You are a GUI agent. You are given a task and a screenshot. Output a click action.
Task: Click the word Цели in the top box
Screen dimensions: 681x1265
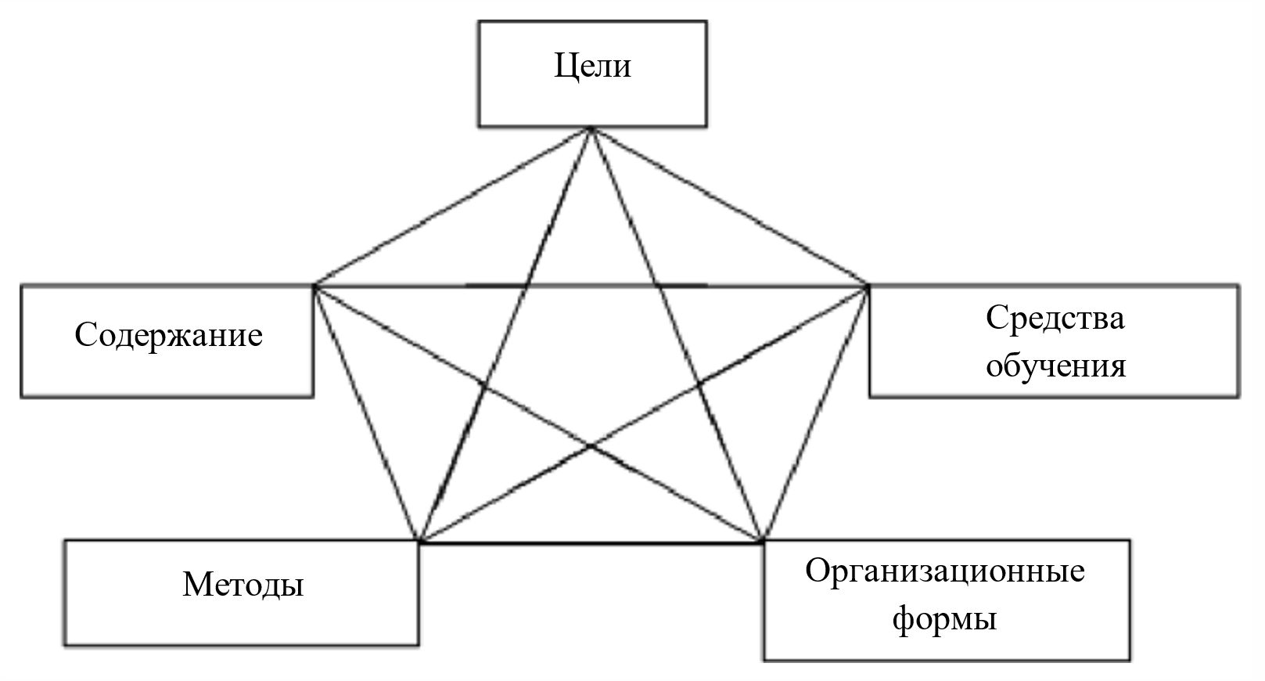pos(592,66)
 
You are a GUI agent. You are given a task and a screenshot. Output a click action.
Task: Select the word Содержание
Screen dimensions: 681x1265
pos(168,336)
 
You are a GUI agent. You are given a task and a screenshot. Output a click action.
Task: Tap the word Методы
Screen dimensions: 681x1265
pos(243,585)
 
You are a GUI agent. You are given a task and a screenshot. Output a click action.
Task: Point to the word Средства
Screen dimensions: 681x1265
pos(1055,319)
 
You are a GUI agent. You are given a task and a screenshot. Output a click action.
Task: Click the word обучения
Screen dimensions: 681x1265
pos(1055,366)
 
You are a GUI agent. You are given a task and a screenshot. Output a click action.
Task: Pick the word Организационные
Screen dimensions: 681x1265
pos(945,571)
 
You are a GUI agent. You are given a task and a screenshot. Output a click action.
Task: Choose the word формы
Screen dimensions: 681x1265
pos(944,619)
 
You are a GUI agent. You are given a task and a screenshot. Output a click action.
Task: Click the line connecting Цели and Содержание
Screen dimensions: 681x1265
pos(452,207)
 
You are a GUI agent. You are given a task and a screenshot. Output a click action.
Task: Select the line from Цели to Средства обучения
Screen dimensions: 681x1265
pos(730,207)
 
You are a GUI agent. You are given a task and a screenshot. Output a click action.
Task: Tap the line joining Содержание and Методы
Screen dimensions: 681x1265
pos(366,413)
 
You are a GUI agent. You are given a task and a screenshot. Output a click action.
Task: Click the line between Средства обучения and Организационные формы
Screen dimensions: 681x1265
pos(815,413)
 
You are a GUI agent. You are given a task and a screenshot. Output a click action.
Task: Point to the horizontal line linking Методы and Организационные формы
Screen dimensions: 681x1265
pos(591,542)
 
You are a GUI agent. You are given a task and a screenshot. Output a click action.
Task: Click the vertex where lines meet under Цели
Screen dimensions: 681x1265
pos(592,128)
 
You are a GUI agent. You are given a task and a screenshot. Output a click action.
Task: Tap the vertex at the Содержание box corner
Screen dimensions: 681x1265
pos(314,286)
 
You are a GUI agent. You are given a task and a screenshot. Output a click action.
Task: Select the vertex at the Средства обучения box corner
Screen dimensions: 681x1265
pos(868,286)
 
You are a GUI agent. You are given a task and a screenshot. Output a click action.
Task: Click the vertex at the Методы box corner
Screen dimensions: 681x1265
pos(419,541)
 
